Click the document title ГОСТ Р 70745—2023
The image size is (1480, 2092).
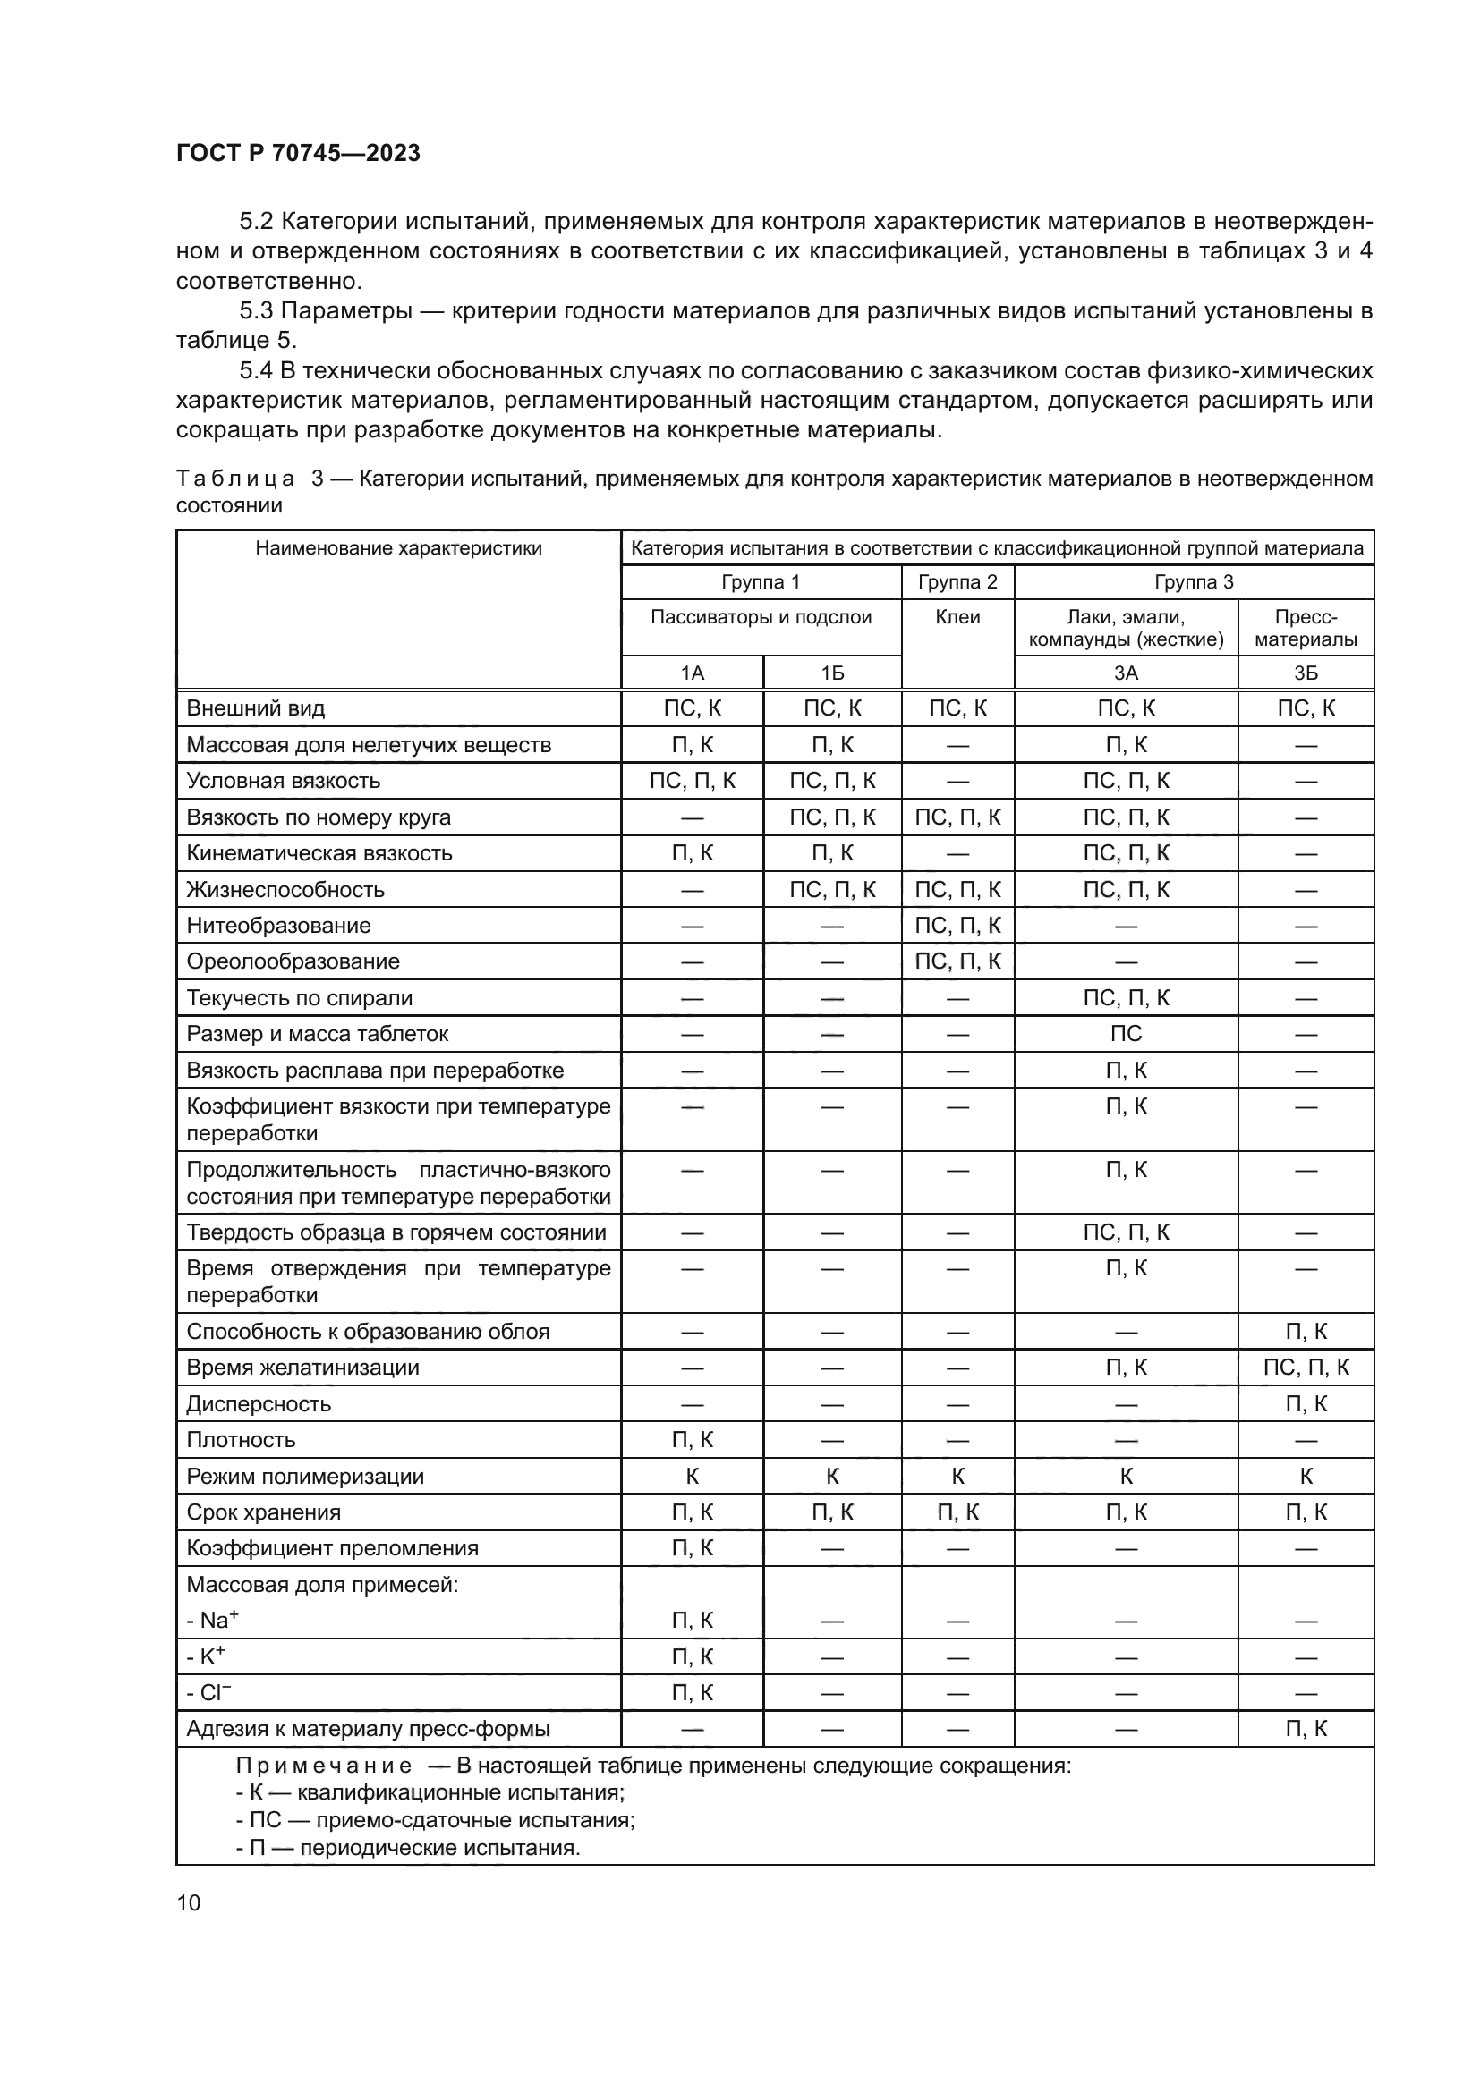pyautogui.click(x=298, y=153)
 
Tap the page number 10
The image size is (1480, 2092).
pyautogui.click(x=189, y=1902)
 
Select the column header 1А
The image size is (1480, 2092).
pyautogui.click(x=692, y=673)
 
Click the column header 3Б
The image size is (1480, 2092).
pyautogui.click(x=1305, y=673)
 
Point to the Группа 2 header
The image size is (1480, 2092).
pyautogui.click(x=957, y=581)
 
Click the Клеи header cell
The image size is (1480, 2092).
pyautogui.click(x=957, y=617)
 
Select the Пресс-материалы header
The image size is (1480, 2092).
pyautogui.click(x=1305, y=628)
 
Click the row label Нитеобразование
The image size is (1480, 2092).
pyautogui.click(x=279, y=926)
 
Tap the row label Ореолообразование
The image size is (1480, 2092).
pyautogui.click(x=293, y=961)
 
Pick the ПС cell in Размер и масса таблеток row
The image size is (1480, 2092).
pyautogui.click(x=1126, y=1034)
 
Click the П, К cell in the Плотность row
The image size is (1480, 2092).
pyautogui.click(x=692, y=1440)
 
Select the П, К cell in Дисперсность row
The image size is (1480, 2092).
pyautogui.click(x=1305, y=1404)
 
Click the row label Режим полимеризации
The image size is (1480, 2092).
pyautogui.click(x=305, y=1476)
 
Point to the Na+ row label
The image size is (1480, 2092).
pyautogui.click(x=212, y=1620)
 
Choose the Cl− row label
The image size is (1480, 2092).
pyautogui.click(x=208, y=1692)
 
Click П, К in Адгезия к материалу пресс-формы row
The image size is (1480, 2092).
pyautogui.click(x=1305, y=1729)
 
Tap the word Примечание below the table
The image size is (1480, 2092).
pyautogui.click(x=324, y=1766)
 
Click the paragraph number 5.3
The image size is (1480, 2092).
pyautogui.click(x=256, y=310)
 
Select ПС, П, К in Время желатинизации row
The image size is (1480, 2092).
pyautogui.click(x=1305, y=1368)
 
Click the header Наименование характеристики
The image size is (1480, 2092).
pyautogui.click(x=398, y=547)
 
